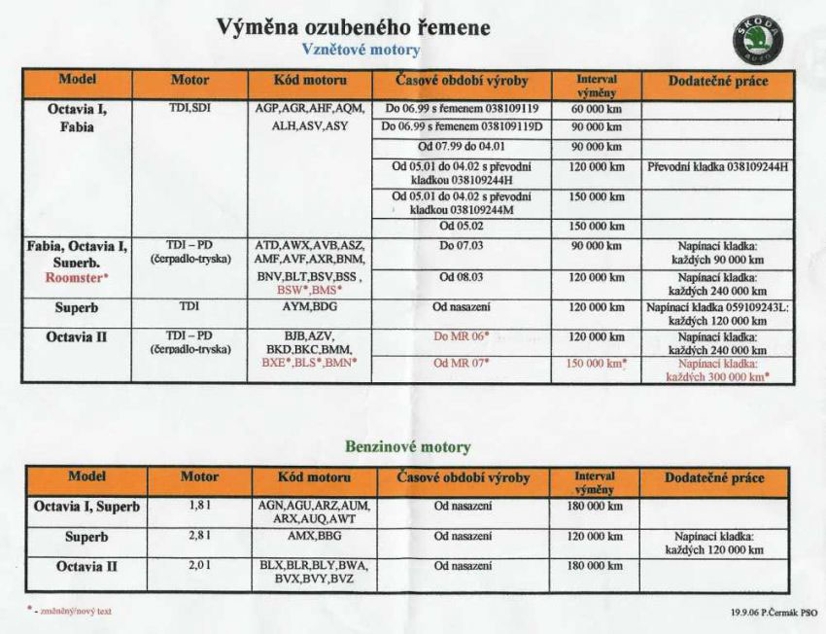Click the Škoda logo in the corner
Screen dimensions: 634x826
click(756, 42)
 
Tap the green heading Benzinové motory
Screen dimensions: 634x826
click(407, 447)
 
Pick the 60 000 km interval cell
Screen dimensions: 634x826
click(596, 109)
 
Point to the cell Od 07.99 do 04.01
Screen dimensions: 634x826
click(461, 147)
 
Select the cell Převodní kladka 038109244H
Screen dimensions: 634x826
click(717, 166)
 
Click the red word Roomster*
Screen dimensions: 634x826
click(76, 277)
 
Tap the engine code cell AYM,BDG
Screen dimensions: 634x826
click(310, 307)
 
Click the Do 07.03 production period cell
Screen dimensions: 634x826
click(461, 245)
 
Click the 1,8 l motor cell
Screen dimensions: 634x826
click(199, 507)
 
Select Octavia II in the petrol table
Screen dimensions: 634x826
click(86, 565)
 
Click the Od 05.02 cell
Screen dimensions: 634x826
click(461, 226)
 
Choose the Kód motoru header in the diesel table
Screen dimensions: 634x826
click(311, 81)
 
